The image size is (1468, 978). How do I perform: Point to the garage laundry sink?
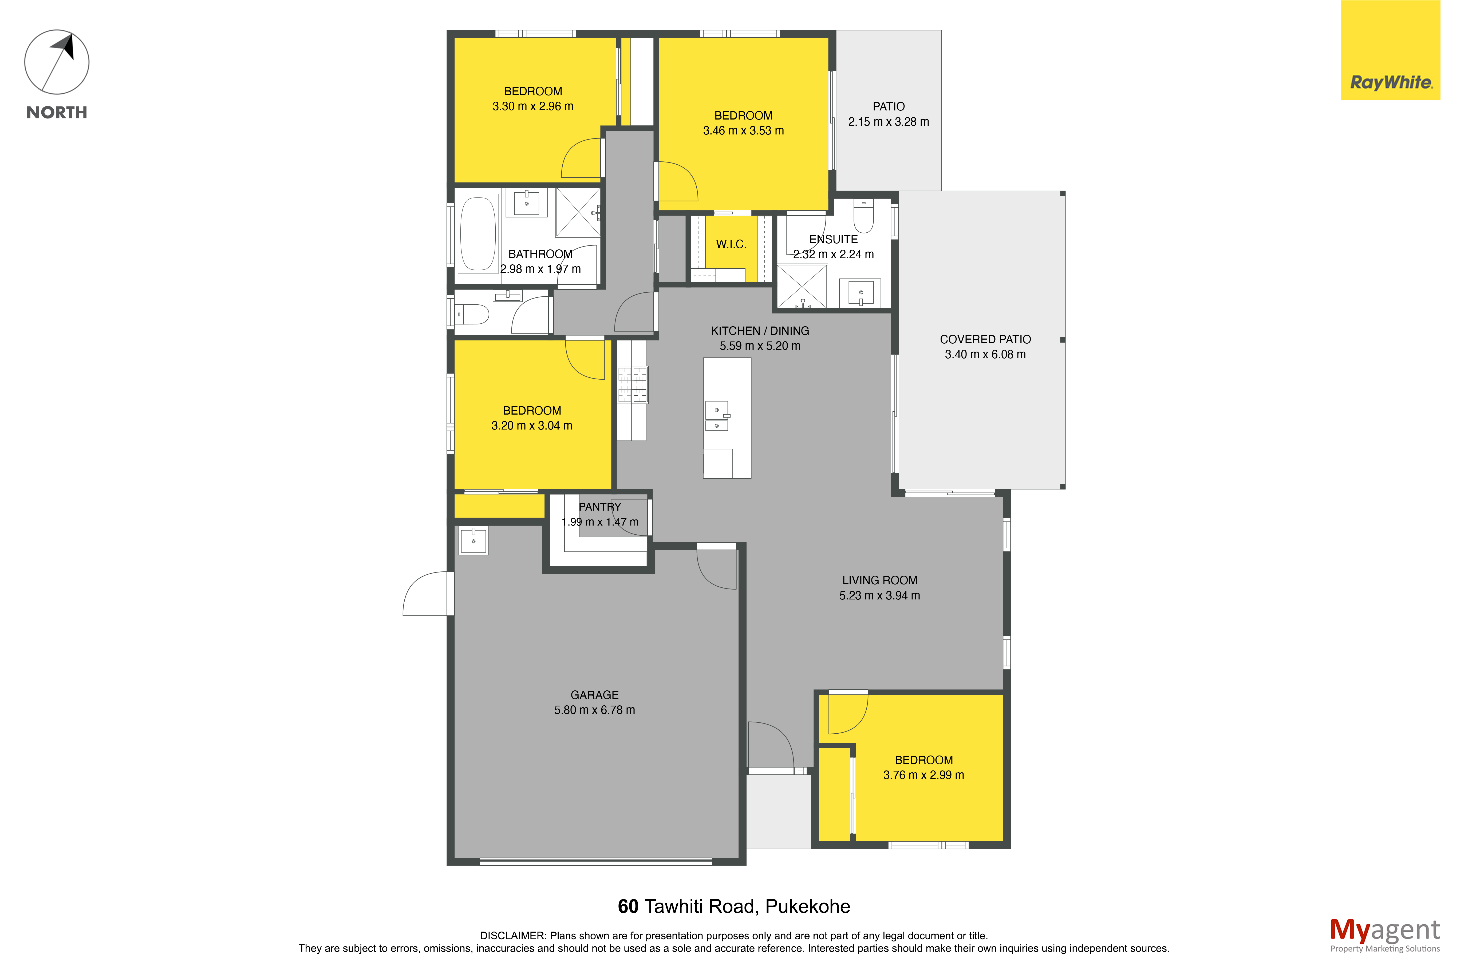(473, 540)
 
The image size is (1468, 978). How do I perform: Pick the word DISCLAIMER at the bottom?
(512, 936)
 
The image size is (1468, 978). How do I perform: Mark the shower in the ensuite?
(802, 286)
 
